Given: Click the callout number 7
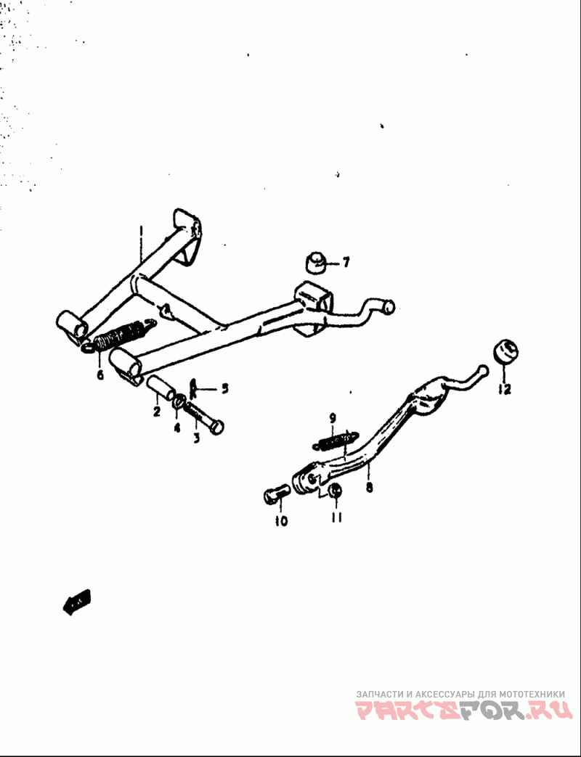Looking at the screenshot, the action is pyautogui.click(x=346, y=262).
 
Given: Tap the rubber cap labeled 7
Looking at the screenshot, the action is pyautogui.click(x=314, y=263).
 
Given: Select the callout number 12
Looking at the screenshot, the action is pyautogui.click(x=505, y=389).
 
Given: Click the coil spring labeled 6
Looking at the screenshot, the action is pyautogui.click(x=121, y=336).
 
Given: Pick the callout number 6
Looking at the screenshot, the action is pyautogui.click(x=99, y=374).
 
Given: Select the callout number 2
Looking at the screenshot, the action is pyautogui.click(x=156, y=412).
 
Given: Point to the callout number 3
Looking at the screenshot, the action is pyautogui.click(x=196, y=438).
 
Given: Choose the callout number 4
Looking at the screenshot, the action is pyautogui.click(x=176, y=427).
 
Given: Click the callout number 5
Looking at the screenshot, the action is pyautogui.click(x=224, y=388).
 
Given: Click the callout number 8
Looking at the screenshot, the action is pyautogui.click(x=369, y=487).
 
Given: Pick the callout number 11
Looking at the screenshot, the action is pyautogui.click(x=336, y=517).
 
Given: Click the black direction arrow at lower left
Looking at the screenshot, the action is pyautogui.click(x=76, y=602).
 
